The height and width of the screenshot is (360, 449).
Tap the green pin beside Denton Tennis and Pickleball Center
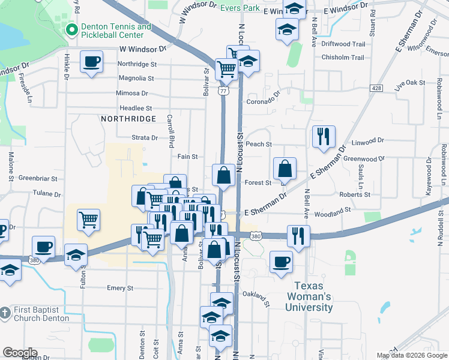coord(71,29)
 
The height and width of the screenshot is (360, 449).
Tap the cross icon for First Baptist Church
coord(5,313)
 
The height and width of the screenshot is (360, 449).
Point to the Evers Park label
coord(240,8)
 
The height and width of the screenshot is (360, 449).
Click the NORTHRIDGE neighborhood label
coord(128,119)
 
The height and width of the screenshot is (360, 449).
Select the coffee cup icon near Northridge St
coord(91,61)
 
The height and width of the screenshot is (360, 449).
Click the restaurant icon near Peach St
coord(324,136)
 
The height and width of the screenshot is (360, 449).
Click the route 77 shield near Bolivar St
coord(223,90)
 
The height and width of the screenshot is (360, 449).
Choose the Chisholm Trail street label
coord(343,58)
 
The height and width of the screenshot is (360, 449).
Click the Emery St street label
coord(119,288)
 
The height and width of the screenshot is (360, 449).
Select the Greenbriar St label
coord(37,178)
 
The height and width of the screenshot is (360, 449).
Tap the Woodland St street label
coord(332,212)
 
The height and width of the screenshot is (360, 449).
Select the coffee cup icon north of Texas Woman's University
coord(281,262)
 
